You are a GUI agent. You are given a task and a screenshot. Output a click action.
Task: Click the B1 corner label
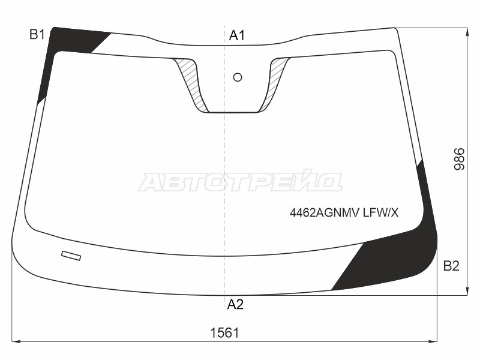pos(37,34)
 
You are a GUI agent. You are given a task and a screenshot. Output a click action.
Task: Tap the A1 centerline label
pos(237,35)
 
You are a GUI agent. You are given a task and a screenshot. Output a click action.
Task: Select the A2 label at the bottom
pos(235,304)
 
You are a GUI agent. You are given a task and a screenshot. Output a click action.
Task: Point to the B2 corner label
pos(451,266)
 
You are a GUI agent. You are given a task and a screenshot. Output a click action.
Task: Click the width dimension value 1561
pos(224,333)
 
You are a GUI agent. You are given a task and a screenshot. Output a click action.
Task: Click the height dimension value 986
pos(459,159)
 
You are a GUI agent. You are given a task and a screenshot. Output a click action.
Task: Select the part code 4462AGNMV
pos(324,212)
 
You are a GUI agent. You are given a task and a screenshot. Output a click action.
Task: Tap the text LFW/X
pos(381,212)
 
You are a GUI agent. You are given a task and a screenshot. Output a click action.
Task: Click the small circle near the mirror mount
pos(238,77)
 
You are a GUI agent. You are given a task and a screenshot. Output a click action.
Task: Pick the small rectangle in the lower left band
pos(71,256)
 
